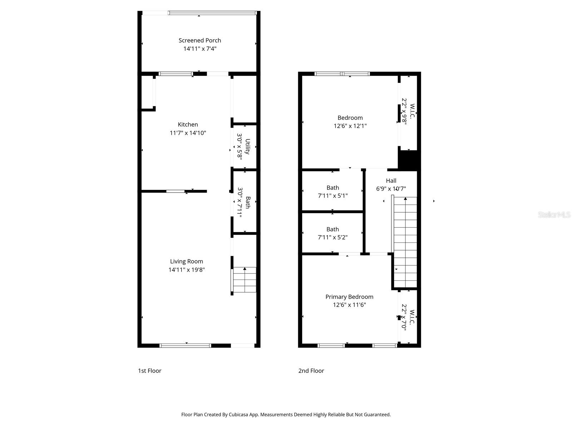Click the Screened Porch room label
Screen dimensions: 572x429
tap(199, 40)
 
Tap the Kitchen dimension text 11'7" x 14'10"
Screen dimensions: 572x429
tap(188, 133)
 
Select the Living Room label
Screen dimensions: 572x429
tap(187, 262)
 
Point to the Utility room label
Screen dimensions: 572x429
tap(247, 147)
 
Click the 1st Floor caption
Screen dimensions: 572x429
tap(149, 371)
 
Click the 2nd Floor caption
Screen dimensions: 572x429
tap(311, 371)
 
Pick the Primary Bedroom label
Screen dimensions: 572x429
tap(349, 297)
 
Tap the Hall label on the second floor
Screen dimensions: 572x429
tap(391, 181)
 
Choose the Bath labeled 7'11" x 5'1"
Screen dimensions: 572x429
tap(333, 188)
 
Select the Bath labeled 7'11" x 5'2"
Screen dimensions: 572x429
tap(333, 229)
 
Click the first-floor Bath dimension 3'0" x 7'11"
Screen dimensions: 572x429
tap(240, 202)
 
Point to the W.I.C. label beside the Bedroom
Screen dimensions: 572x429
tap(412, 111)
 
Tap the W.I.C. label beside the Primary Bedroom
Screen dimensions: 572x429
tap(412, 317)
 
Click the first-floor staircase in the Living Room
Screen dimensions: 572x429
tap(244, 280)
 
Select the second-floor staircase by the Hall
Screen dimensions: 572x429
tap(405, 242)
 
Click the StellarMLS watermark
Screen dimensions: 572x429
tap(554, 214)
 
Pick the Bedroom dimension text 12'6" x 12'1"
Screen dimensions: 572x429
tap(350, 126)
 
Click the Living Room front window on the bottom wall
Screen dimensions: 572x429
tap(185, 346)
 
